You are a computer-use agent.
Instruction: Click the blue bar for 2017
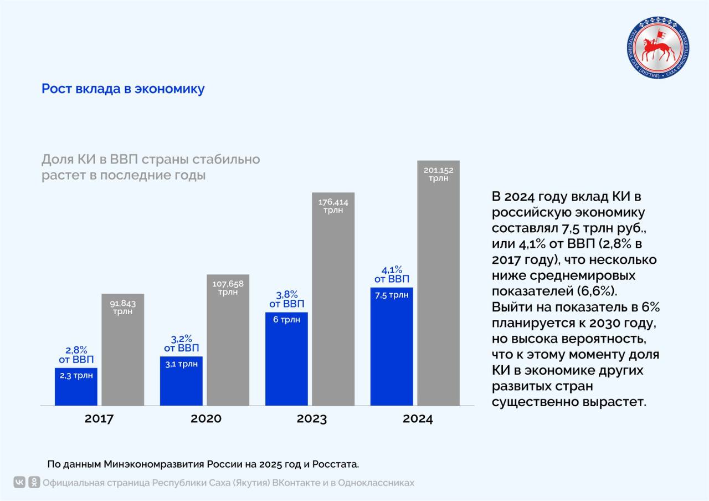click(x=76, y=386)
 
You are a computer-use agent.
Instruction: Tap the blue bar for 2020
click(x=181, y=381)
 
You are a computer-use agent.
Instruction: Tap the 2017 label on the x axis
click(x=99, y=418)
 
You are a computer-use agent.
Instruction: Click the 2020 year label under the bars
click(x=205, y=418)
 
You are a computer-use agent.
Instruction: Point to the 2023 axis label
click(x=311, y=418)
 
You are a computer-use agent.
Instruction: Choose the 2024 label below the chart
click(x=418, y=418)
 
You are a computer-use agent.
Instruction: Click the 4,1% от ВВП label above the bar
click(x=392, y=274)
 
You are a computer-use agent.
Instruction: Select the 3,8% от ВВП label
click(x=286, y=299)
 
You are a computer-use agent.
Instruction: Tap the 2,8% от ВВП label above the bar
click(x=76, y=355)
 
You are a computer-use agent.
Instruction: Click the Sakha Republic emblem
click(x=659, y=48)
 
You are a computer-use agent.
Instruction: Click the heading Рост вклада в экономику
click(x=123, y=89)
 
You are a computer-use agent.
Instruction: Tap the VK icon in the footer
click(x=19, y=482)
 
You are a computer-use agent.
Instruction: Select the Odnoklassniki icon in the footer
click(x=34, y=482)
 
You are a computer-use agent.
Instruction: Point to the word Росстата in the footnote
click(x=337, y=463)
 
